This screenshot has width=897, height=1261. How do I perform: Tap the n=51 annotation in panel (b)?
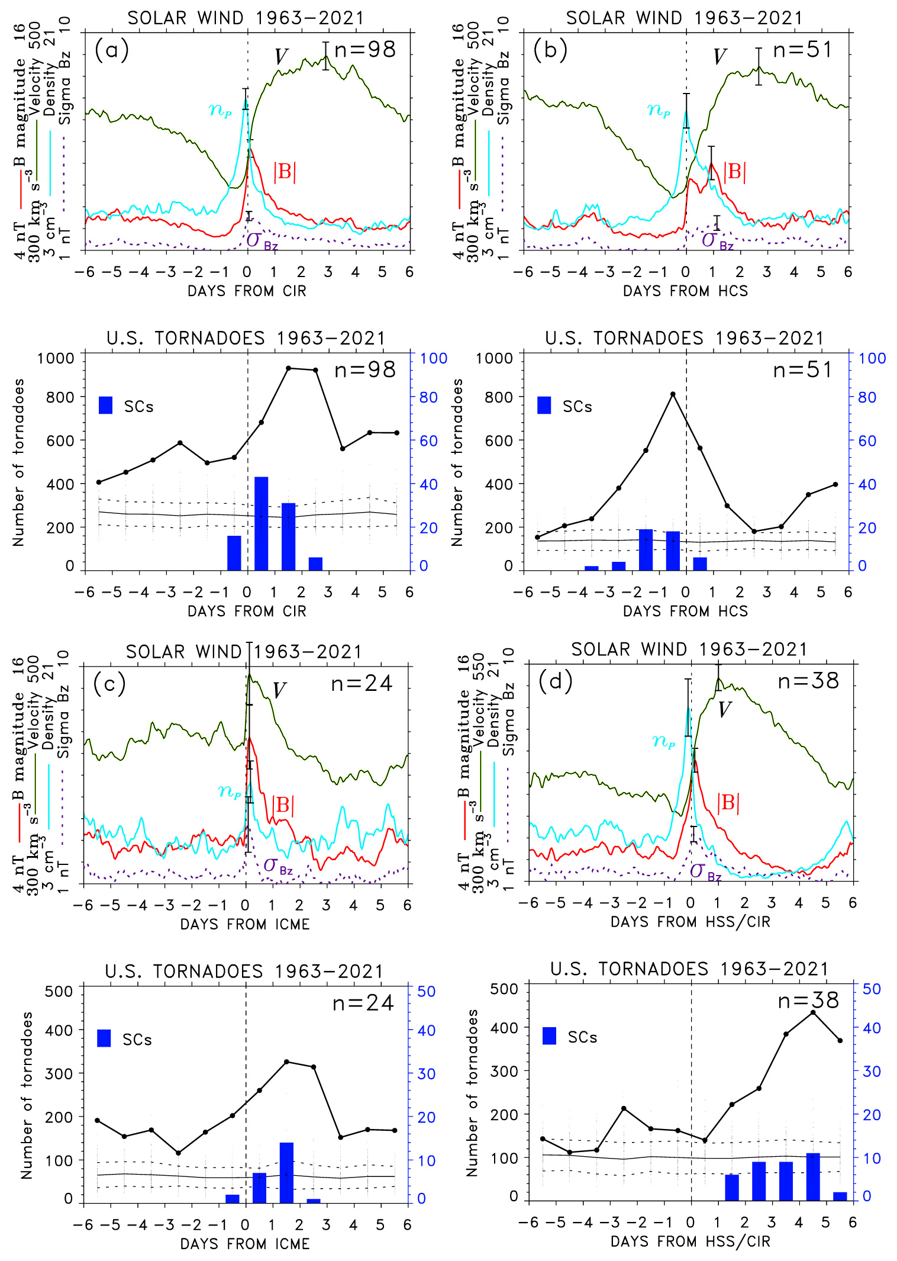pos(802,50)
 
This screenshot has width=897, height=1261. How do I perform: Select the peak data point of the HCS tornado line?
pos(673,394)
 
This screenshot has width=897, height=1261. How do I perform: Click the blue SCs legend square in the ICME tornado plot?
pos(104,1038)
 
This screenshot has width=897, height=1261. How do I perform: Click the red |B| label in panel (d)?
pos(728,803)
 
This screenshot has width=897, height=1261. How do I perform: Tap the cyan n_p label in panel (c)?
pos(229,791)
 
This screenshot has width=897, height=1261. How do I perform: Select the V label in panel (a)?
pos(281,57)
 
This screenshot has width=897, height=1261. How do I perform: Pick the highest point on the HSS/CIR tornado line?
pos(813,1012)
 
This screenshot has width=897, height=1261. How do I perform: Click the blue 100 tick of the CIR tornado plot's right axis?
pos(434,358)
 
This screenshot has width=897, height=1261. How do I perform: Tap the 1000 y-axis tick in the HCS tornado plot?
pos(494,358)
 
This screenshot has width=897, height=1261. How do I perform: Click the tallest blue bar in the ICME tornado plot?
pos(286,1172)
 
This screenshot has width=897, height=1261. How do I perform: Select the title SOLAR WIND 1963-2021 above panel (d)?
pos(689,649)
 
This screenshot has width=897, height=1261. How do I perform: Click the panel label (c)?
pos(109,684)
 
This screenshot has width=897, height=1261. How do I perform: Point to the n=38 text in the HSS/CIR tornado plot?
pos(808,1001)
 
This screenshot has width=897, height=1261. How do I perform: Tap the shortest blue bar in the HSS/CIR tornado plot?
pos(840,1196)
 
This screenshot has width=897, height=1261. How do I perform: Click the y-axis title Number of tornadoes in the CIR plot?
pos(18,462)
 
